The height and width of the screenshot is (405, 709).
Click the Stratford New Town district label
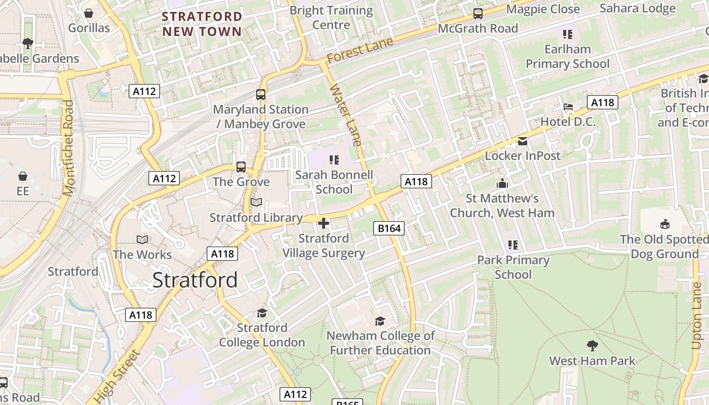(x=202, y=24)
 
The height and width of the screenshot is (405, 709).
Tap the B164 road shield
(x=389, y=228)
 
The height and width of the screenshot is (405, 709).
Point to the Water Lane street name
(x=345, y=115)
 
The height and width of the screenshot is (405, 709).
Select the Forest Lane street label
(x=360, y=50)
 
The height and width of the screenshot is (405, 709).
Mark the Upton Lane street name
(x=697, y=315)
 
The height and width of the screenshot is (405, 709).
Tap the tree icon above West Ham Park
(x=592, y=346)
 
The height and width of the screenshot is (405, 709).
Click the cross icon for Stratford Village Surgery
(x=324, y=223)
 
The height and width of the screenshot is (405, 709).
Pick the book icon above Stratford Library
(x=256, y=202)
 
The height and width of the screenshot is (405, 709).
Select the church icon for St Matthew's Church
(x=502, y=183)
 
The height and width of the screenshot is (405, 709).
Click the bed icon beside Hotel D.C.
(x=568, y=107)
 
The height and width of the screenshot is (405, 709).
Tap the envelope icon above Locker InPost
(x=522, y=141)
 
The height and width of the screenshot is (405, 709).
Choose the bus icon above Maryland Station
(x=261, y=95)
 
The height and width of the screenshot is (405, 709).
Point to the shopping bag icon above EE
(x=23, y=176)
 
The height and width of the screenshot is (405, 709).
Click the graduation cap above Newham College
(x=380, y=321)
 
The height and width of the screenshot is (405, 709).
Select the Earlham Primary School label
(x=568, y=56)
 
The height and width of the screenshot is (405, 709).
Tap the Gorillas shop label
(x=89, y=28)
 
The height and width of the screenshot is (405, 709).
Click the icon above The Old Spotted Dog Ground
(x=664, y=224)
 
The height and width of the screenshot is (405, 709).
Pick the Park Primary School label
(x=513, y=267)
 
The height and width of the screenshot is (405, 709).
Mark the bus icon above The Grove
(x=241, y=167)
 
